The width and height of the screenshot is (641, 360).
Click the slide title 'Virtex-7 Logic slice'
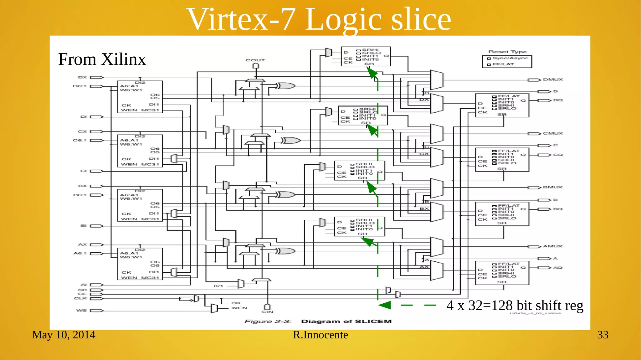[319, 19]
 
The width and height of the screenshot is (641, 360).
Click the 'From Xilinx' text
[102, 59]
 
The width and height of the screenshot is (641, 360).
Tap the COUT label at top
[255, 60]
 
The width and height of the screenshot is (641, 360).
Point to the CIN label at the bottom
[267, 312]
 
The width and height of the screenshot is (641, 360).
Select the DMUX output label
[553, 80]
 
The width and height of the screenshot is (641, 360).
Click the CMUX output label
[553, 133]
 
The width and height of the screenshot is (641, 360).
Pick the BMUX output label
[552, 187]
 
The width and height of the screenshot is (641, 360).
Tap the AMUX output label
[552, 246]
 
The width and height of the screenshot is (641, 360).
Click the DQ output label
[558, 100]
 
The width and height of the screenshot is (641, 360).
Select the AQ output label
[557, 268]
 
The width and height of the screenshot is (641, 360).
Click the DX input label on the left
[82, 77]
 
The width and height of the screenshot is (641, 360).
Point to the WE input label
[81, 311]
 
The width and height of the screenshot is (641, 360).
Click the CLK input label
[80, 298]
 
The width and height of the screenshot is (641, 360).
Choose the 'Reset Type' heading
[507, 52]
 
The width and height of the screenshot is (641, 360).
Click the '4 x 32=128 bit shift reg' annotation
[515, 306]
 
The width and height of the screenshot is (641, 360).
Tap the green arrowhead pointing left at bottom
[385, 305]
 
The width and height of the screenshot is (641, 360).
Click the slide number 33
[603, 335]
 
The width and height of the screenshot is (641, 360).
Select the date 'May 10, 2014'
[64, 335]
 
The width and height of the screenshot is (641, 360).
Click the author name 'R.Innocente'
[320, 335]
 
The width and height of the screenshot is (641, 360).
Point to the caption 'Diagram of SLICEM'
[346, 321]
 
